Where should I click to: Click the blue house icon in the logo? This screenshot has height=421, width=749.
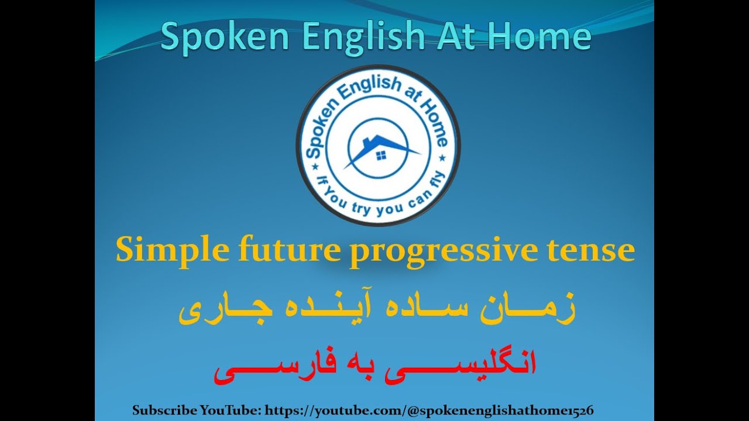click(379, 149)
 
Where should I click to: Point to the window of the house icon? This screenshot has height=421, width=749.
click(381, 155)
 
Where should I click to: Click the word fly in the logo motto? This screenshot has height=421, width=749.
click(435, 186)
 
